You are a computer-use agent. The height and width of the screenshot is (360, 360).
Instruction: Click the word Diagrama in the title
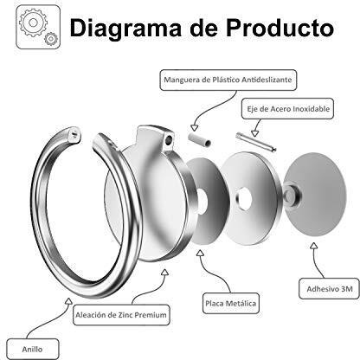tap(125, 29)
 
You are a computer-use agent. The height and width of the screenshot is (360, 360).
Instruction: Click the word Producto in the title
tap(280, 28)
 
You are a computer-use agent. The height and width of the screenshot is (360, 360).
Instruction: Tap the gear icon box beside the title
tap(38, 27)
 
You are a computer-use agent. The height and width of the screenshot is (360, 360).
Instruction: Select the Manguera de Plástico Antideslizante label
tap(228, 80)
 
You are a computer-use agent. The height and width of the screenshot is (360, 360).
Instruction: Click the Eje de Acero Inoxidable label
tap(287, 109)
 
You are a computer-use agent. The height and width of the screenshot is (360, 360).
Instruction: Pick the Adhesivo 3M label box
tap(329, 288)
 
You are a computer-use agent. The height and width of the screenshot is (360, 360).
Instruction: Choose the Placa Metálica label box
tap(231, 304)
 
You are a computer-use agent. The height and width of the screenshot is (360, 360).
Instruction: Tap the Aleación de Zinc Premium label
tap(121, 315)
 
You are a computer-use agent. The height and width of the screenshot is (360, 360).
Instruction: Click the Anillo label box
tap(32, 349)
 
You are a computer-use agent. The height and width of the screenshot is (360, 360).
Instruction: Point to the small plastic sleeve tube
tap(199, 139)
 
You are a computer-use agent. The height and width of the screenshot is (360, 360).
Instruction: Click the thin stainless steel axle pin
tap(256, 142)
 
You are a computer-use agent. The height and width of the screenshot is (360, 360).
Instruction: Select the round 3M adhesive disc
tap(315, 194)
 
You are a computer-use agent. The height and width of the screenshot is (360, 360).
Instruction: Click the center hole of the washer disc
tap(244, 199)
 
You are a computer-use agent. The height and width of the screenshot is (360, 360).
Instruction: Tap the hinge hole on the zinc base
tap(169, 140)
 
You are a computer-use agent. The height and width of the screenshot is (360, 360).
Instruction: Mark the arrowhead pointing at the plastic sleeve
tap(195, 128)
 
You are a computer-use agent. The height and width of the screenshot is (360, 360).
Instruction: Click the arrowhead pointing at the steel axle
tap(254, 133)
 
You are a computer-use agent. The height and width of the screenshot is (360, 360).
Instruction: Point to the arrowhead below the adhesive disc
tap(314, 246)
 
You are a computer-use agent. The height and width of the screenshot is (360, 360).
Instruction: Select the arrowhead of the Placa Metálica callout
tap(200, 253)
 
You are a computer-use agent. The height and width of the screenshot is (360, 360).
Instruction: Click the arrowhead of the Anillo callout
tap(68, 301)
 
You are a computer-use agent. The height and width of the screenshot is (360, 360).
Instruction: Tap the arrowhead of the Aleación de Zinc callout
tap(164, 273)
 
